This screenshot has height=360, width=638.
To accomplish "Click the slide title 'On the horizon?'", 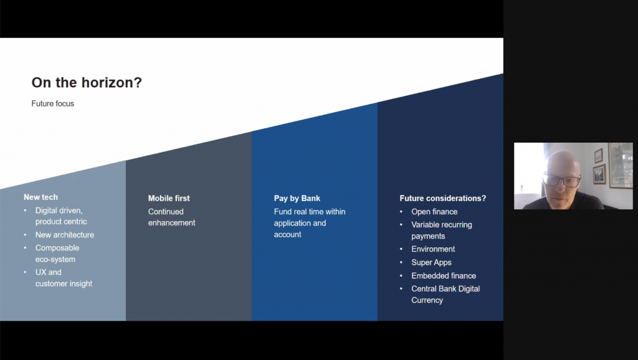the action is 87,83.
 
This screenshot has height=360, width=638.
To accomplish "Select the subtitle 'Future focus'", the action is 52,104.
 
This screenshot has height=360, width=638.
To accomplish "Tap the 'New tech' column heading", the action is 40,197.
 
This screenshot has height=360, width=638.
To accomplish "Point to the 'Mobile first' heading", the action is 169,198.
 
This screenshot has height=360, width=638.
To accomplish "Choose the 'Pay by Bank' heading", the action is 297,198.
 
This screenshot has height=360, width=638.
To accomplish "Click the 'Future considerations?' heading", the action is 443,198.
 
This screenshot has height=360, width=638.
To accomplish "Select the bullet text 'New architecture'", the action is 65,235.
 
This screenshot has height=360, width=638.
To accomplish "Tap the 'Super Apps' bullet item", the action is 431,262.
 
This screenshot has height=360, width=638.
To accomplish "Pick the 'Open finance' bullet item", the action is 434,212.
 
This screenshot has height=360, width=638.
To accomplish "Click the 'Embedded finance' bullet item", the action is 444,275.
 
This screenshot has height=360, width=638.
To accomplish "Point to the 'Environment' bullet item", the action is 433,249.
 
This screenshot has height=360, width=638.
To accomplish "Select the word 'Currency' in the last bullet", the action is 427,300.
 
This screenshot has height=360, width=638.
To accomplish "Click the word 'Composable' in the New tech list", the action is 57,248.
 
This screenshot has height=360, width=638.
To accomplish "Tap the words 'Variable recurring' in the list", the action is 442,225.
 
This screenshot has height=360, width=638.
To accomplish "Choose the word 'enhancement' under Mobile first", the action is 172,222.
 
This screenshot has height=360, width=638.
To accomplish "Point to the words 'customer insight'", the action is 64,283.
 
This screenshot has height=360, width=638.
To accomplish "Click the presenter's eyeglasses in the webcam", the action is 561,181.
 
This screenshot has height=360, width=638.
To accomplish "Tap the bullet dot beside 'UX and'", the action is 25,272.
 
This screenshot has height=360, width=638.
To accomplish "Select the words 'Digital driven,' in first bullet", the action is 59,211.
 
